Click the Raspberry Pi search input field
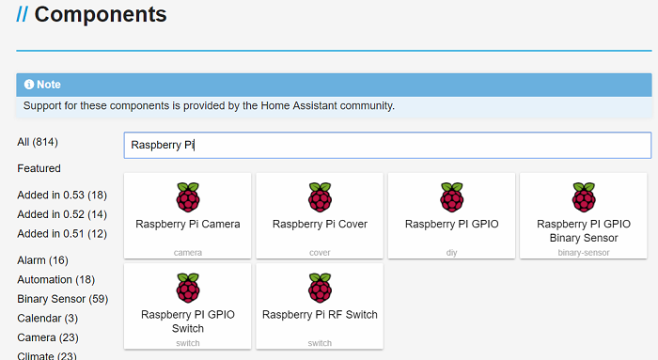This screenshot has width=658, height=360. (x=386, y=146)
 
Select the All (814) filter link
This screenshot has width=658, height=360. (x=38, y=142)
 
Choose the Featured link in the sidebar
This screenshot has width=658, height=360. (x=39, y=168)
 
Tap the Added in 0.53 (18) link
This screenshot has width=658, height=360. (x=62, y=195)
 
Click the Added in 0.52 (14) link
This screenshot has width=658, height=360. (x=62, y=214)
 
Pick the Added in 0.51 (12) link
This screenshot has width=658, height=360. (x=62, y=233)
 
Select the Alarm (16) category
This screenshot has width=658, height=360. (x=42, y=259)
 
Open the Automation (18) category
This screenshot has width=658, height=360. (x=56, y=279)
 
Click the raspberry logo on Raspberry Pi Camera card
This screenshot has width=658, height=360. (x=188, y=197)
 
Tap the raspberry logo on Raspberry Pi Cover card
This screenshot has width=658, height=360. (x=320, y=197)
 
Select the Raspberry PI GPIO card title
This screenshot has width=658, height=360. (x=451, y=224)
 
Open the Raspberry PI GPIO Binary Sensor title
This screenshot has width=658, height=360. (x=583, y=230)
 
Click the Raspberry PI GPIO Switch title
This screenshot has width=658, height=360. (x=188, y=321)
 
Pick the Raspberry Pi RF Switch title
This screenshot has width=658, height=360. (x=320, y=314)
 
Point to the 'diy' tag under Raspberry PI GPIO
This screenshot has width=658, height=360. (x=451, y=253)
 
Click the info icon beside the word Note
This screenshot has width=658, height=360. (x=28, y=85)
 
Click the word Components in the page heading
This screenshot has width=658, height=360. (x=101, y=15)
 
